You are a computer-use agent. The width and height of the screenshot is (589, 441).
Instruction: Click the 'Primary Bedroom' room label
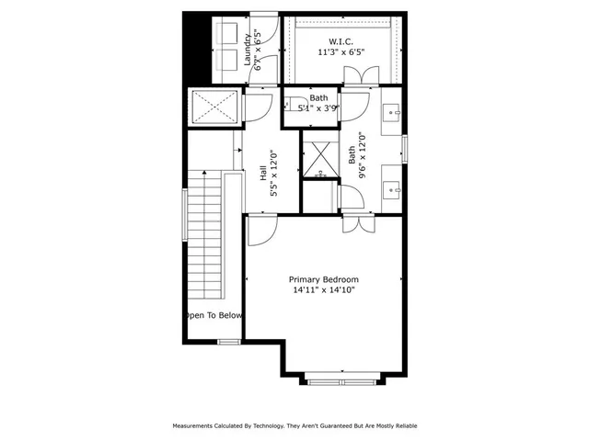click(323, 279)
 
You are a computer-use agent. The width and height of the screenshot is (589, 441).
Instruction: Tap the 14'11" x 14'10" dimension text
click(323, 290)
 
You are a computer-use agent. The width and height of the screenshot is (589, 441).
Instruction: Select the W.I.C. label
click(341, 41)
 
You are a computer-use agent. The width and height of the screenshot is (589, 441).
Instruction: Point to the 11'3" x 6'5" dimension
click(341, 52)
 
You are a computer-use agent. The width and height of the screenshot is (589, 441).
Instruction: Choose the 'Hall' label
click(263, 174)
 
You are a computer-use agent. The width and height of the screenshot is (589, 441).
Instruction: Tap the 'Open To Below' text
click(214, 315)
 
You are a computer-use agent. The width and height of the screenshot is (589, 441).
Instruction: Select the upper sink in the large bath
click(394, 114)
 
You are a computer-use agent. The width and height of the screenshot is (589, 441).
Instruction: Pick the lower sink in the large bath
click(394, 190)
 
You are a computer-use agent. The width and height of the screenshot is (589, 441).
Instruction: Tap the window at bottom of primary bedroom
click(341, 379)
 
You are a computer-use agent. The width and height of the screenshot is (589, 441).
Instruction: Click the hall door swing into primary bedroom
click(260, 230)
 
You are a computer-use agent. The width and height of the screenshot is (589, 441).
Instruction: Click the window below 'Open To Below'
click(229, 342)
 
